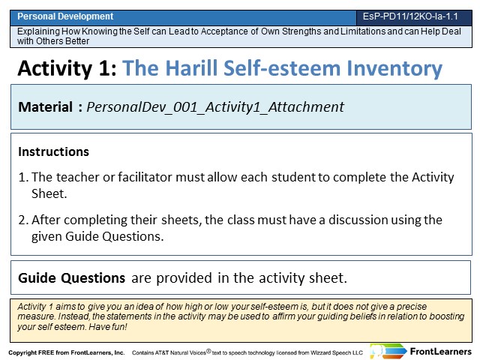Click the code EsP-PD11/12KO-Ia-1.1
(x=410, y=16)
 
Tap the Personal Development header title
(x=65, y=16)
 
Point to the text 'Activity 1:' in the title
(x=67, y=68)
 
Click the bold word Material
(x=45, y=106)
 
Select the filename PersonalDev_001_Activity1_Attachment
(x=215, y=107)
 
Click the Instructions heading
(x=53, y=151)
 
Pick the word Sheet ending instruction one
(x=49, y=193)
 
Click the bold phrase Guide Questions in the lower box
(x=72, y=278)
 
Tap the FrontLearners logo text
(x=441, y=352)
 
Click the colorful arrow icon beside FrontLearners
(x=388, y=351)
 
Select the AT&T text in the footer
(x=162, y=352)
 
